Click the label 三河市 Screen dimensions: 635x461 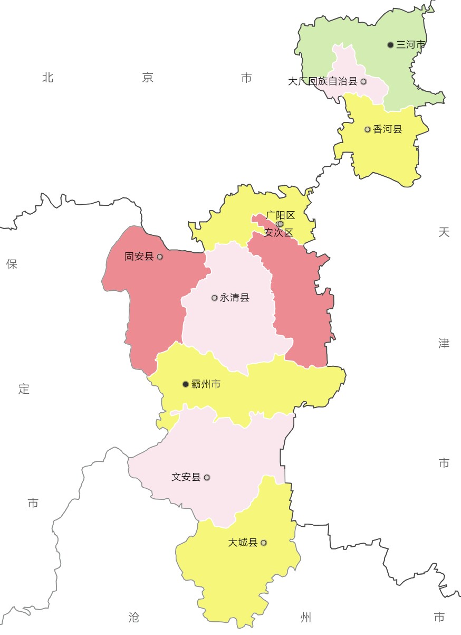click(410, 45)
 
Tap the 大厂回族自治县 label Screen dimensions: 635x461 click(323, 81)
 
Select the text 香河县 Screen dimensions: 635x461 click(388, 129)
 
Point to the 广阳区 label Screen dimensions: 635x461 click(281, 215)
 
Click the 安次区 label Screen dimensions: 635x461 click(278, 232)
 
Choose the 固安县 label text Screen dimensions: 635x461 click(139, 257)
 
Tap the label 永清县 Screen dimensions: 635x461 click(234, 298)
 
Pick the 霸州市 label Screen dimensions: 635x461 click(206, 384)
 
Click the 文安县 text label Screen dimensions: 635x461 click(186, 477)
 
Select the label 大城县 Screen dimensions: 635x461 click(243, 543)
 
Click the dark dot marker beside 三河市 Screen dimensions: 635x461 click(390, 45)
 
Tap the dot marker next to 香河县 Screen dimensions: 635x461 click(368, 129)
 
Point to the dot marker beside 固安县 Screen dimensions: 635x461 click(160, 257)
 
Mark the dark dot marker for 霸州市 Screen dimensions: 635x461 click(186, 384)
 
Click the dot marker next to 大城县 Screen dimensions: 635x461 click(264, 543)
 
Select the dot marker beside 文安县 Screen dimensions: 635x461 click(207, 477)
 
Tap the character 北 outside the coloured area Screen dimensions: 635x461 click(48, 78)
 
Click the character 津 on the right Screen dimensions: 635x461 click(444, 344)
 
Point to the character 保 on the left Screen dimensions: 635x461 click(12, 264)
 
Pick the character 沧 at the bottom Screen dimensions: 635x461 click(134, 617)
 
